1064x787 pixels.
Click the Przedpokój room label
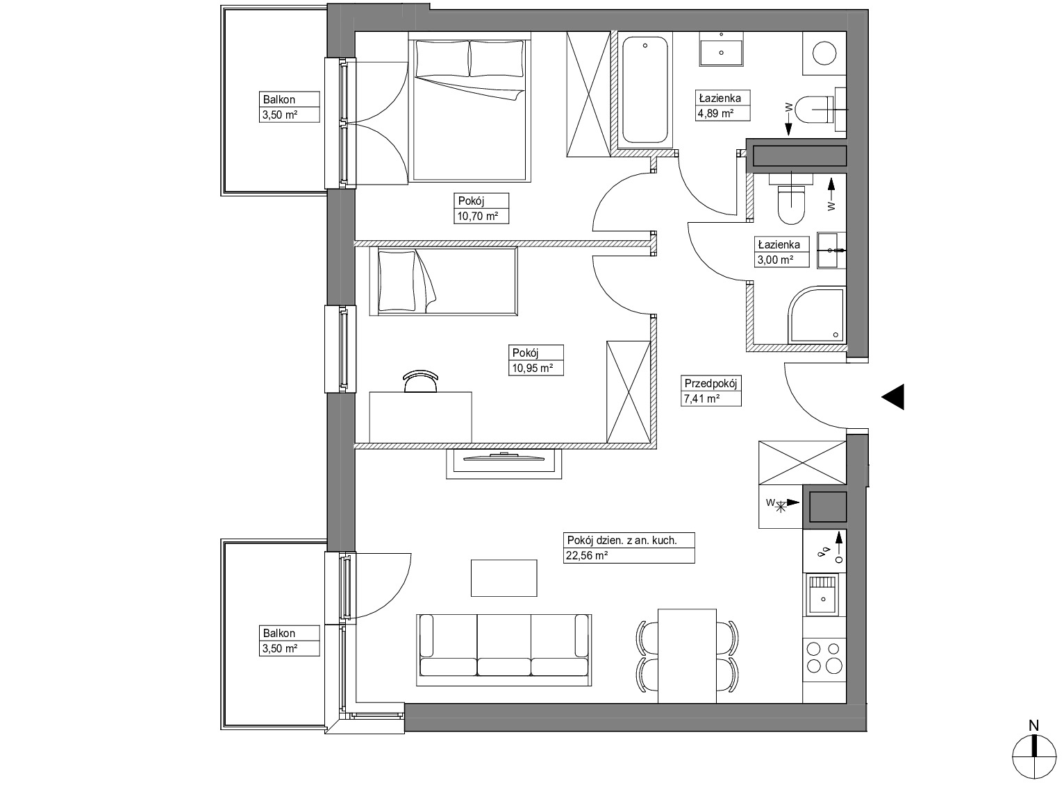point(710,383)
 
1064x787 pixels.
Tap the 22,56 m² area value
point(587,555)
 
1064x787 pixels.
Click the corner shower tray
point(816,315)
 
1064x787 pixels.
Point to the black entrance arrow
point(892,396)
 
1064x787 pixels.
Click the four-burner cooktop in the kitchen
point(824,657)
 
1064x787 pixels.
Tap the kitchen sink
point(823,595)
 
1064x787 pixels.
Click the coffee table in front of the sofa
point(504,578)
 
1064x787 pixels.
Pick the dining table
point(687,656)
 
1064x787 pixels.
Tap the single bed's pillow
point(397,281)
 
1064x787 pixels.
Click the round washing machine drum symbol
point(824,53)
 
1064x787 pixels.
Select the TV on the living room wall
point(504,457)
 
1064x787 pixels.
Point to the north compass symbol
point(1033,759)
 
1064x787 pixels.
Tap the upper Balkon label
point(279,100)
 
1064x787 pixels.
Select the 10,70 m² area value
point(477,216)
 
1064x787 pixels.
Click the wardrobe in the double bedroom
point(588,94)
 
